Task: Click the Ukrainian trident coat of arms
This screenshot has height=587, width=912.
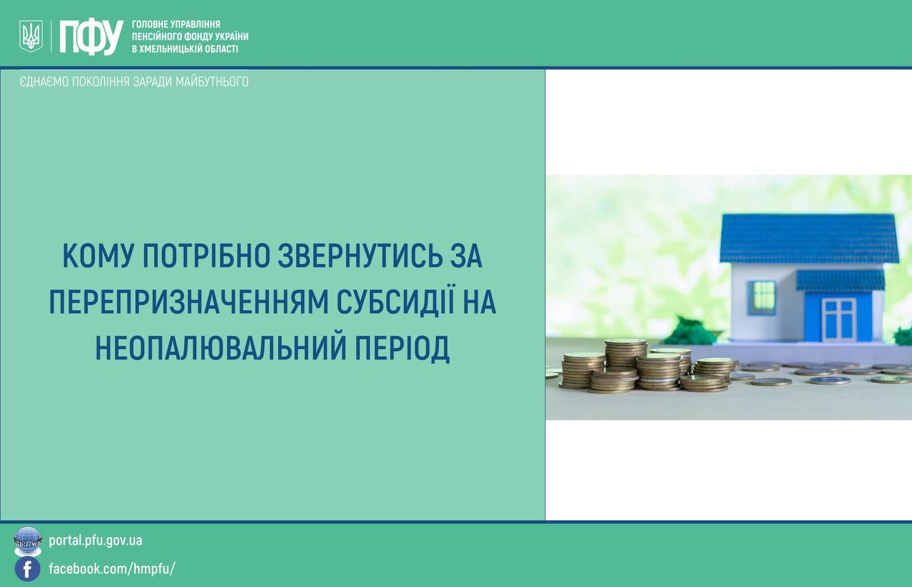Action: pyautogui.click(x=31, y=36)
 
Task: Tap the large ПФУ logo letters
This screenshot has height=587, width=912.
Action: pyautogui.click(x=92, y=37)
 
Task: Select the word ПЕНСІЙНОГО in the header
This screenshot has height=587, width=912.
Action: pyautogui.click(x=157, y=37)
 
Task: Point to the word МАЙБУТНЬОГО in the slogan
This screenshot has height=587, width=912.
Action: pyautogui.click(x=212, y=82)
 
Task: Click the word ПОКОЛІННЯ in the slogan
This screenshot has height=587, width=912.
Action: pyautogui.click(x=102, y=82)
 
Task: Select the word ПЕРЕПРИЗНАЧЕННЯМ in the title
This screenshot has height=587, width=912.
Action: pyautogui.click(x=188, y=302)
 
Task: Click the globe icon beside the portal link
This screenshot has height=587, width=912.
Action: pyautogui.click(x=28, y=541)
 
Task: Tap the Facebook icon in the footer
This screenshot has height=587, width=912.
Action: pyautogui.click(x=28, y=569)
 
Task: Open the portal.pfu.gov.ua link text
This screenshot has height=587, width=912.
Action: pyautogui.click(x=95, y=541)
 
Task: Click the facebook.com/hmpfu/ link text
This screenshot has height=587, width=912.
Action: pyautogui.click(x=112, y=569)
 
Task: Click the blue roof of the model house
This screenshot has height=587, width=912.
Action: pyautogui.click(x=809, y=238)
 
